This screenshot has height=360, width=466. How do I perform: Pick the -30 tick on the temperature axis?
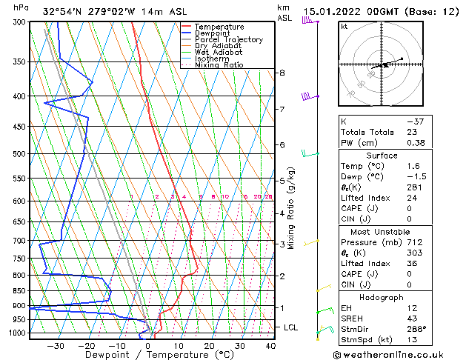[56, 346]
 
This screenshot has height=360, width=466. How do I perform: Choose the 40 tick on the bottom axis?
[270, 346]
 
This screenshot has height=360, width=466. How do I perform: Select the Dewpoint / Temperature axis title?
[149, 356]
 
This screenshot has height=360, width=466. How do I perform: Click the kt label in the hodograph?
[344, 26]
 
